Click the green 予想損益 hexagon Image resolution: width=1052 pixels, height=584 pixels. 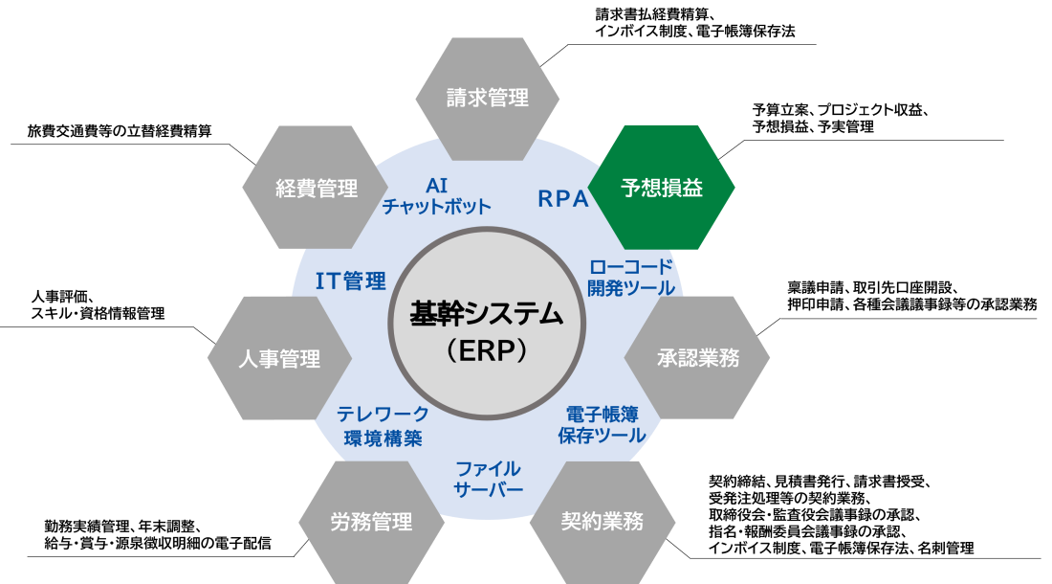click(661, 188)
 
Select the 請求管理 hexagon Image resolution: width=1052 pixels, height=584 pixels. click(487, 99)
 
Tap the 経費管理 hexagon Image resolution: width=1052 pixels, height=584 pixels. click(316, 188)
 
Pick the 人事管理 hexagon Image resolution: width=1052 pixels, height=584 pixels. click(280, 358)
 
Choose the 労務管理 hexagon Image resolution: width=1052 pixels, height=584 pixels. click(371, 522)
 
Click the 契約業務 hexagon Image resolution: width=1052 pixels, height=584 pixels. click(602, 522)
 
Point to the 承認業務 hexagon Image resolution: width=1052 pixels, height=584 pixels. click(697, 358)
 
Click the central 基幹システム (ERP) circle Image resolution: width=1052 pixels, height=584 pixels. click(487, 325)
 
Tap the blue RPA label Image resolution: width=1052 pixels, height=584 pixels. click(563, 199)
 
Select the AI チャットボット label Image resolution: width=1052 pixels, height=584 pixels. click(437, 196)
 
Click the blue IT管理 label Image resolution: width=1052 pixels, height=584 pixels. click(351, 281)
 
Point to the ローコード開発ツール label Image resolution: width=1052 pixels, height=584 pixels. click(630, 278)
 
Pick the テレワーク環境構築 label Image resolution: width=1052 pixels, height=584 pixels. click(384, 426)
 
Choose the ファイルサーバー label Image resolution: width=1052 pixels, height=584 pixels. click(488, 479)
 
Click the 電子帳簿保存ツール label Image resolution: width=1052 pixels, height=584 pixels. click(602, 425)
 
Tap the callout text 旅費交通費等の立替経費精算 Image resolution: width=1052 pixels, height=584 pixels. click(120, 131)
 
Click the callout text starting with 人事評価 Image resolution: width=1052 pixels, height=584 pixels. click(98, 304)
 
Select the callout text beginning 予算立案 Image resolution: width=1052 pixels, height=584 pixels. click(840, 118)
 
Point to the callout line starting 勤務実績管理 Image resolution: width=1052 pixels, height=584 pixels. click(121, 527)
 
